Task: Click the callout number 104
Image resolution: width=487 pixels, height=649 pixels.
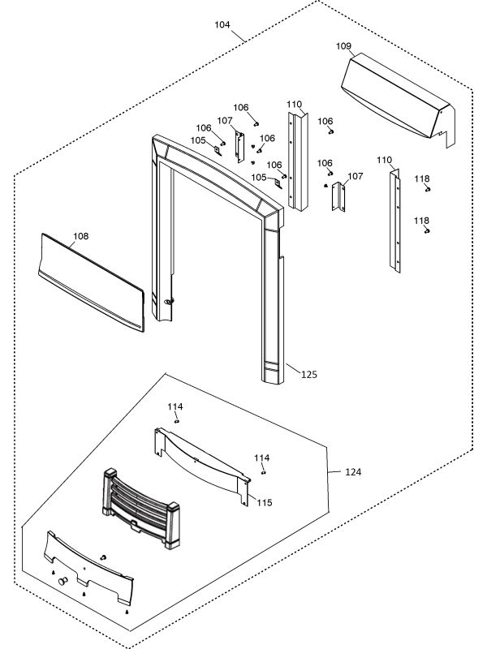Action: (222, 24)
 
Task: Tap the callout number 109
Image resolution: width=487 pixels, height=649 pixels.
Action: (343, 46)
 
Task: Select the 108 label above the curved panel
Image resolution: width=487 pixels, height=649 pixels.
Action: (80, 237)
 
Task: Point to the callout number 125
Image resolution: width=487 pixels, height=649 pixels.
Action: (308, 375)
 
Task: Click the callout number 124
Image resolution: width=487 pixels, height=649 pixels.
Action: (352, 471)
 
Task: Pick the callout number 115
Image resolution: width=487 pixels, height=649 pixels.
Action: (264, 503)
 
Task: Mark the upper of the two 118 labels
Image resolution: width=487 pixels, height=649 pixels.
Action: (422, 178)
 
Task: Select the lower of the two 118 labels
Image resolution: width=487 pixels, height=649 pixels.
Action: (422, 220)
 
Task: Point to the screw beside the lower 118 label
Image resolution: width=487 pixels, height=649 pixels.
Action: (427, 230)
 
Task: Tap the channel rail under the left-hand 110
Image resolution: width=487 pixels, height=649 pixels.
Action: (298, 162)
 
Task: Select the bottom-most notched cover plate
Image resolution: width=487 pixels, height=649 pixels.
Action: (89, 568)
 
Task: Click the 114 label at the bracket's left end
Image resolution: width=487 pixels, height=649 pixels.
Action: (175, 406)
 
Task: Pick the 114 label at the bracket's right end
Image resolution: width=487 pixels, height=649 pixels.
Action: (261, 458)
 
